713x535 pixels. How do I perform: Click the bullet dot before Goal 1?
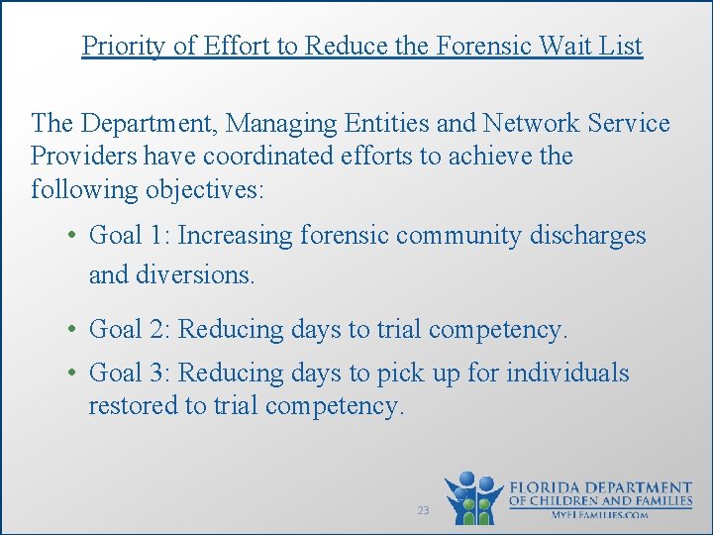[x=73, y=237]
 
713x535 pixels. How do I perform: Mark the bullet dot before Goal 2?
[x=73, y=330]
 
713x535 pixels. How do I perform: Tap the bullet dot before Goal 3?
[x=73, y=374]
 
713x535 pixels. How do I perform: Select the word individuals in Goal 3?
[x=567, y=374]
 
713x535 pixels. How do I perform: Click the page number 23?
[x=423, y=510]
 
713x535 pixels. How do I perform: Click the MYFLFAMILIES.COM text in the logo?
[x=600, y=515]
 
